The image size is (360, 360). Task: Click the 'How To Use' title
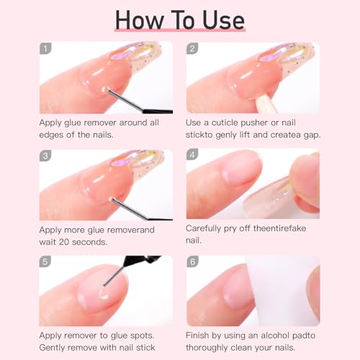[179, 19]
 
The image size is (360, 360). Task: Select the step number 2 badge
[192, 48]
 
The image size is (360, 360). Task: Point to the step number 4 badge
[192, 156]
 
